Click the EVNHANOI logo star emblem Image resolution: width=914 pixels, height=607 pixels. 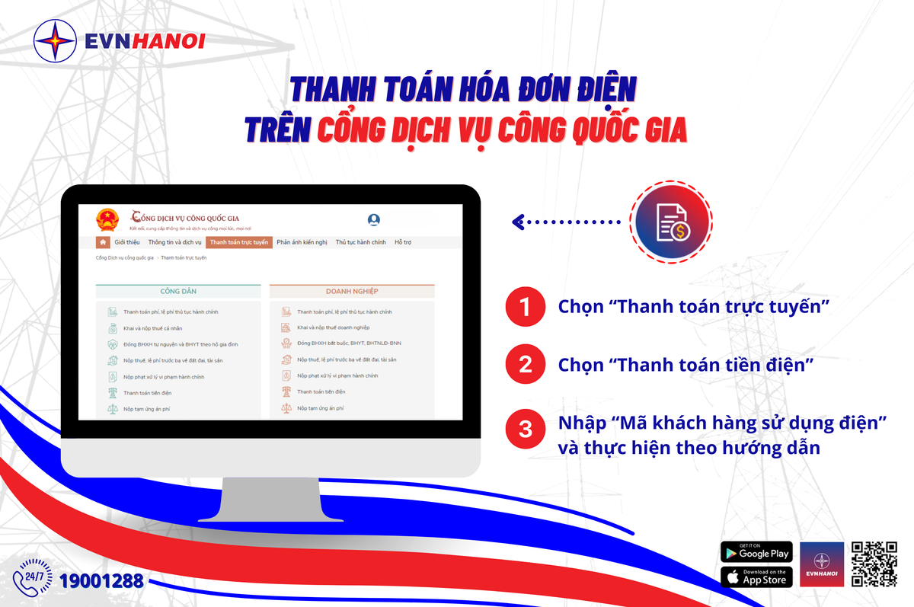click(56, 40)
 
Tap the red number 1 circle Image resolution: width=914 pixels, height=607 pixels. click(525, 307)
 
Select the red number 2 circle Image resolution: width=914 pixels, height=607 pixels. click(525, 365)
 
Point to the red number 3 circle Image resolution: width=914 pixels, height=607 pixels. click(525, 429)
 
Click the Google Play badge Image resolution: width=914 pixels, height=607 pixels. click(756, 552)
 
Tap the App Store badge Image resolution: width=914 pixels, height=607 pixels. click(756, 577)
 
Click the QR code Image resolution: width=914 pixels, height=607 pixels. click(874, 564)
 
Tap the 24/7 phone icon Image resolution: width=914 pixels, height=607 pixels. click(34, 577)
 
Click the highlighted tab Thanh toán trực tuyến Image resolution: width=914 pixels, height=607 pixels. click(238, 242)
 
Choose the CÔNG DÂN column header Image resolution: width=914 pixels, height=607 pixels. click(178, 291)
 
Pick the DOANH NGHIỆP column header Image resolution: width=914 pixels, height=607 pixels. click(352, 291)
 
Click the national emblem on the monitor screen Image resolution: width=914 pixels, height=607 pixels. click(108, 221)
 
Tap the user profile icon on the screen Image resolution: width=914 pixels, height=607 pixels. click(374, 220)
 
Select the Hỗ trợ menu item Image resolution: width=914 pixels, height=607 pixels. click(402, 242)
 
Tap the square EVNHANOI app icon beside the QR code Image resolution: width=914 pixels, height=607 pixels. click(822, 564)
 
